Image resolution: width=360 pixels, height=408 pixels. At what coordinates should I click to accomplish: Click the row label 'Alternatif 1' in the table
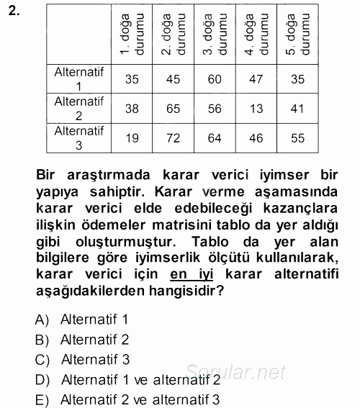79,78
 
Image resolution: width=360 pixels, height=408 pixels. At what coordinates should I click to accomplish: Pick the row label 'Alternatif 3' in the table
79,137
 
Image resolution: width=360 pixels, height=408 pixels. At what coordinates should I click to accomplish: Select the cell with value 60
215,79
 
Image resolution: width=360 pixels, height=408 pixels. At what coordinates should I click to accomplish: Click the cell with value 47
256,79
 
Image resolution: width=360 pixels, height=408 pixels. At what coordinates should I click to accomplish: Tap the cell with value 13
256,108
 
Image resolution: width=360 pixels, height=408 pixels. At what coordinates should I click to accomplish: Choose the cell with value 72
173,137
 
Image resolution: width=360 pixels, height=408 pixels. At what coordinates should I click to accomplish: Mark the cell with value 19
131,137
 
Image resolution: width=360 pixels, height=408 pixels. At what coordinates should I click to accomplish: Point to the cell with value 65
173,108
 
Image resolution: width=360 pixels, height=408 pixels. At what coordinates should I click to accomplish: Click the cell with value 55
297,137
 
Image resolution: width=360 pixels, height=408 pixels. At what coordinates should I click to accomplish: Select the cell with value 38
131,108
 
